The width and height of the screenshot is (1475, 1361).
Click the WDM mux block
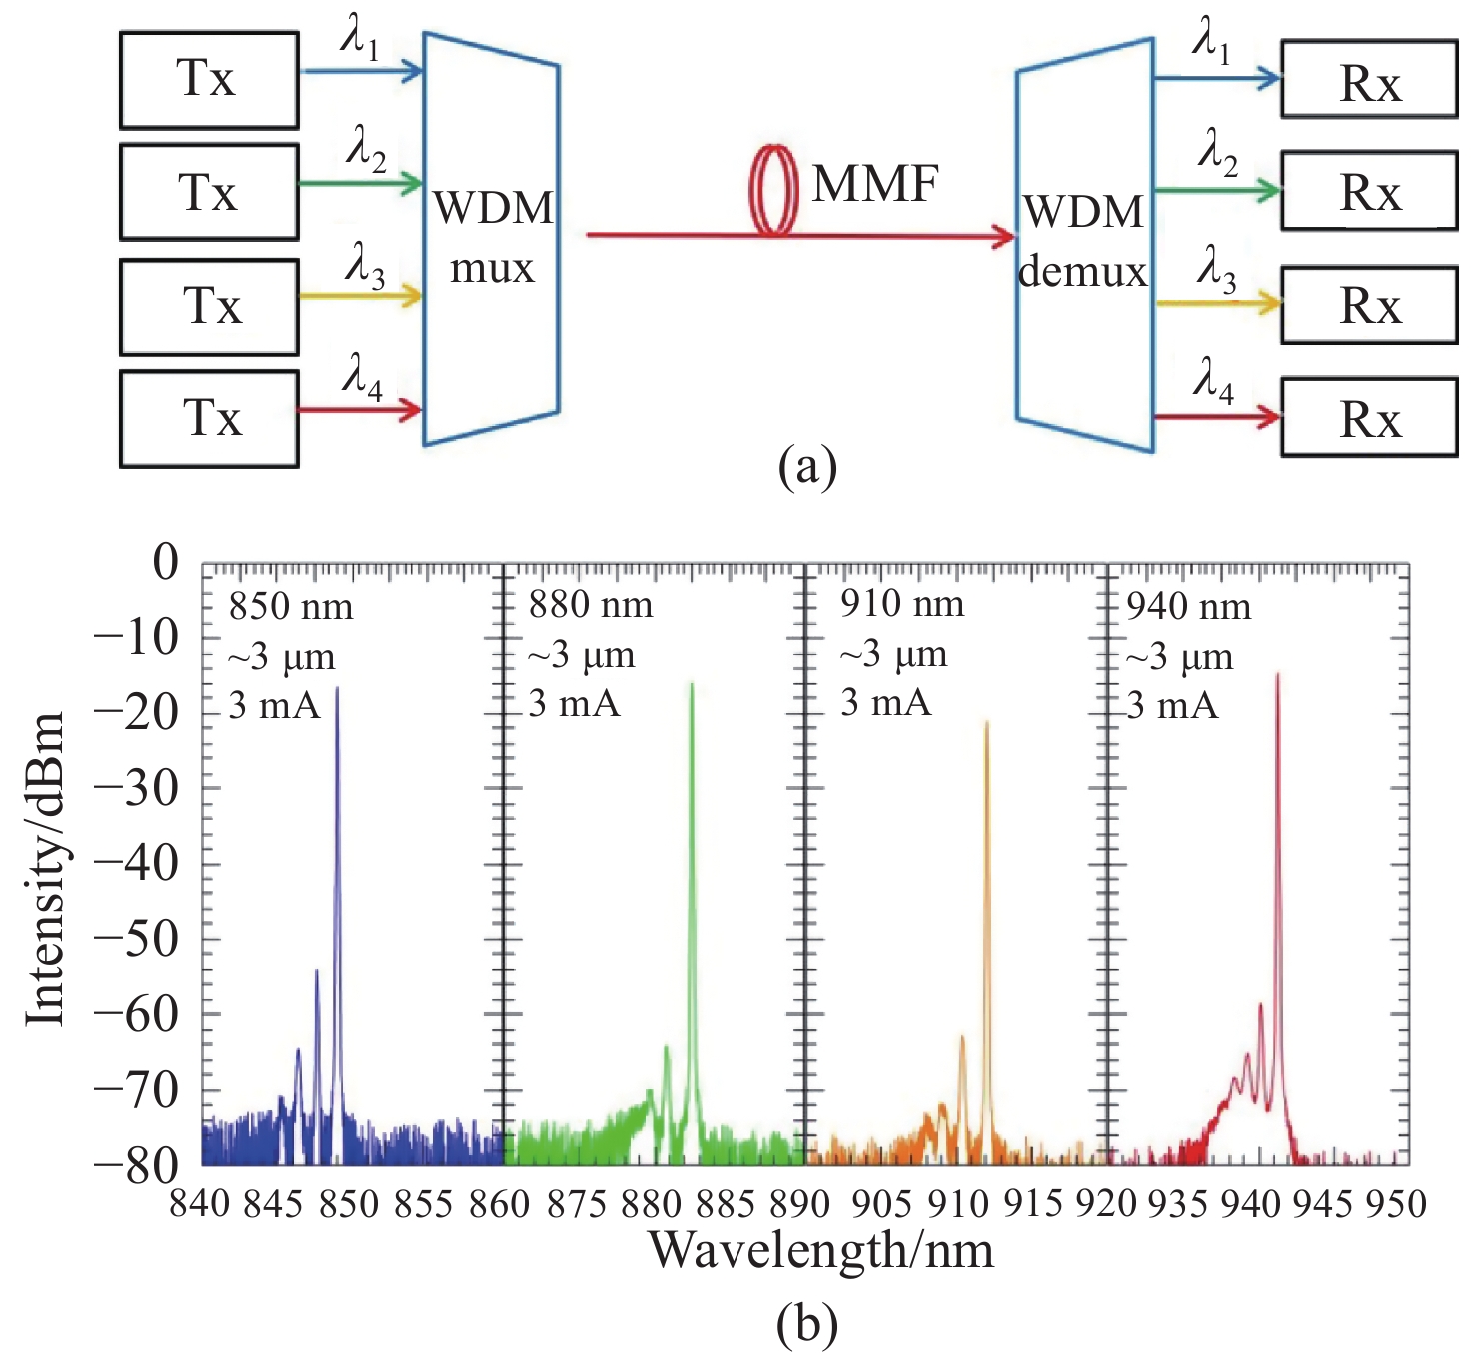[x=491, y=238]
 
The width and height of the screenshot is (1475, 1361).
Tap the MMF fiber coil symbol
[x=775, y=190]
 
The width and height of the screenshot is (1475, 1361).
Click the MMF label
[x=875, y=184]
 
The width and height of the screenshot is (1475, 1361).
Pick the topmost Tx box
[x=209, y=80]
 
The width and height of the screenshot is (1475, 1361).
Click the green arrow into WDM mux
[x=361, y=184]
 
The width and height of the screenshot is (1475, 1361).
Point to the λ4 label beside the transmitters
[x=362, y=377]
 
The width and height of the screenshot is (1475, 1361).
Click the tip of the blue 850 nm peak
[x=337, y=689]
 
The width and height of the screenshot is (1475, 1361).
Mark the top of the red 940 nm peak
[x=1277, y=677]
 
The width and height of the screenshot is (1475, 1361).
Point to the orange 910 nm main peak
[x=986, y=723]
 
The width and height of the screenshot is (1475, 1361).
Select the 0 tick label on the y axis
[x=165, y=563]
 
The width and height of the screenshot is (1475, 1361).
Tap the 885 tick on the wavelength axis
[x=729, y=1205]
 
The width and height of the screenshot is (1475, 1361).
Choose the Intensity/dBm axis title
[x=46, y=868]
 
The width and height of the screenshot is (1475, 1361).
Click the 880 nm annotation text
[x=591, y=606]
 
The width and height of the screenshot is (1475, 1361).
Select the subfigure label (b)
[x=806, y=1325]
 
